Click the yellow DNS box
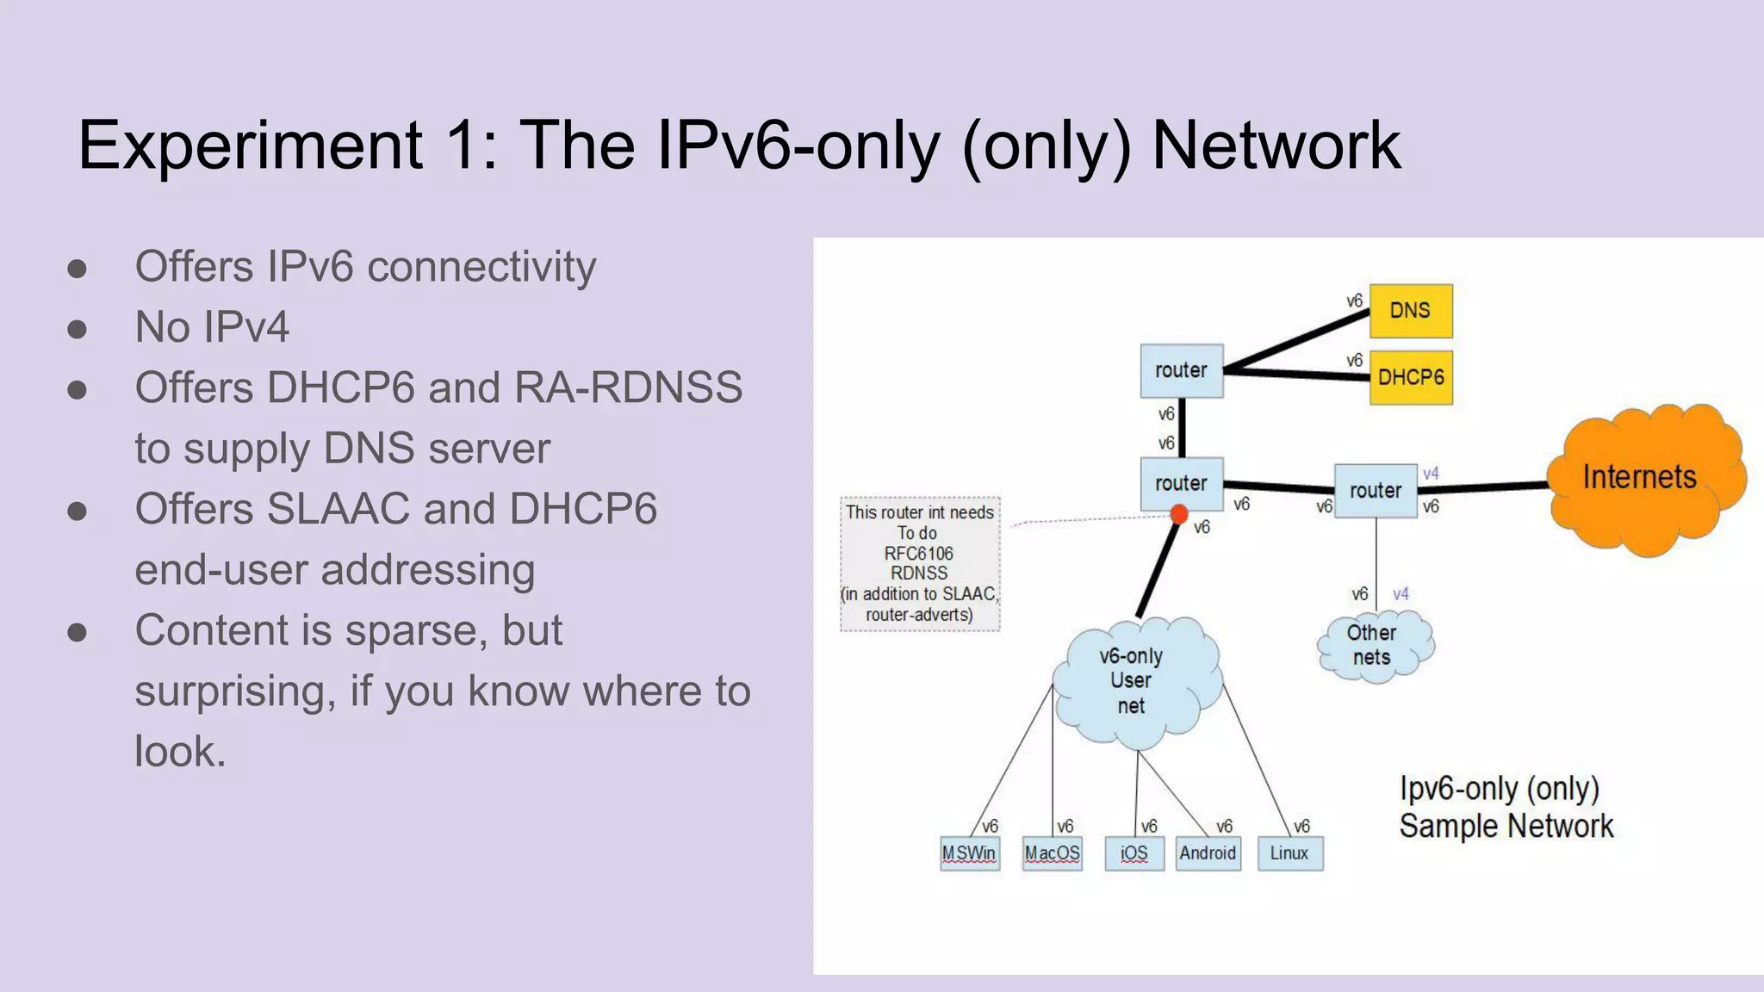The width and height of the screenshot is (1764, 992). pyautogui.click(x=1410, y=311)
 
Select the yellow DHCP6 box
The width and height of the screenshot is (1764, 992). pyautogui.click(x=1410, y=377)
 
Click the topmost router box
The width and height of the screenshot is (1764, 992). pyautogui.click(x=1181, y=371)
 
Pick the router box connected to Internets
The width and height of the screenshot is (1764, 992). pyautogui.click(x=1375, y=491)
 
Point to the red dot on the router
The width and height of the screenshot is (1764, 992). pyautogui.click(x=1179, y=515)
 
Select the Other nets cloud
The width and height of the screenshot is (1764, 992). pyautogui.click(x=1372, y=645)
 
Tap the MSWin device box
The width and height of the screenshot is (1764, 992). pyautogui.click(x=969, y=853)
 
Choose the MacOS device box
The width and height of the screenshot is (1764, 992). pyautogui.click(x=1052, y=853)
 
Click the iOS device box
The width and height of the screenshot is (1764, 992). pyautogui.click(x=1134, y=853)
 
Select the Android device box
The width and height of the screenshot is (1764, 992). pyautogui.click(x=1208, y=853)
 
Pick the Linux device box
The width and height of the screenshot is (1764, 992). pyautogui.click(x=1289, y=853)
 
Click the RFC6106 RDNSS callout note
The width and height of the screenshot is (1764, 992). pyautogui.click(x=919, y=563)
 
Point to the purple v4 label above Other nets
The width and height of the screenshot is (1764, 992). pyautogui.click(x=1401, y=594)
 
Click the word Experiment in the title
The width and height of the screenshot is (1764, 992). pyautogui.click(x=250, y=146)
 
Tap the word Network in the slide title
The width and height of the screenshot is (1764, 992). pyautogui.click(x=1276, y=146)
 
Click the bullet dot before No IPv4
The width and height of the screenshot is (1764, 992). pyautogui.click(x=78, y=329)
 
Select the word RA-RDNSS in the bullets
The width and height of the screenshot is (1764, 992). pyautogui.click(x=628, y=387)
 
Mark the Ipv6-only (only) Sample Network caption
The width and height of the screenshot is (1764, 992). pyautogui.click(x=1505, y=807)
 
